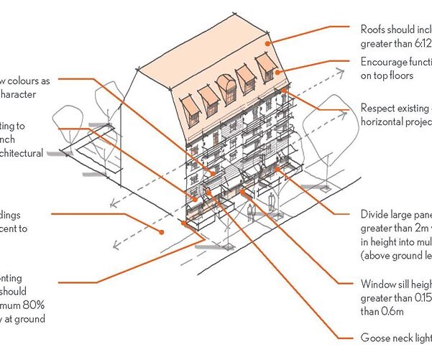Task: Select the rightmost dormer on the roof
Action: [x=267, y=67]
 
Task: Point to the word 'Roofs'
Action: [x=374, y=29]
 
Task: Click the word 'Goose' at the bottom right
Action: [x=376, y=337]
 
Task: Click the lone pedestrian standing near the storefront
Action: [x=250, y=212]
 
